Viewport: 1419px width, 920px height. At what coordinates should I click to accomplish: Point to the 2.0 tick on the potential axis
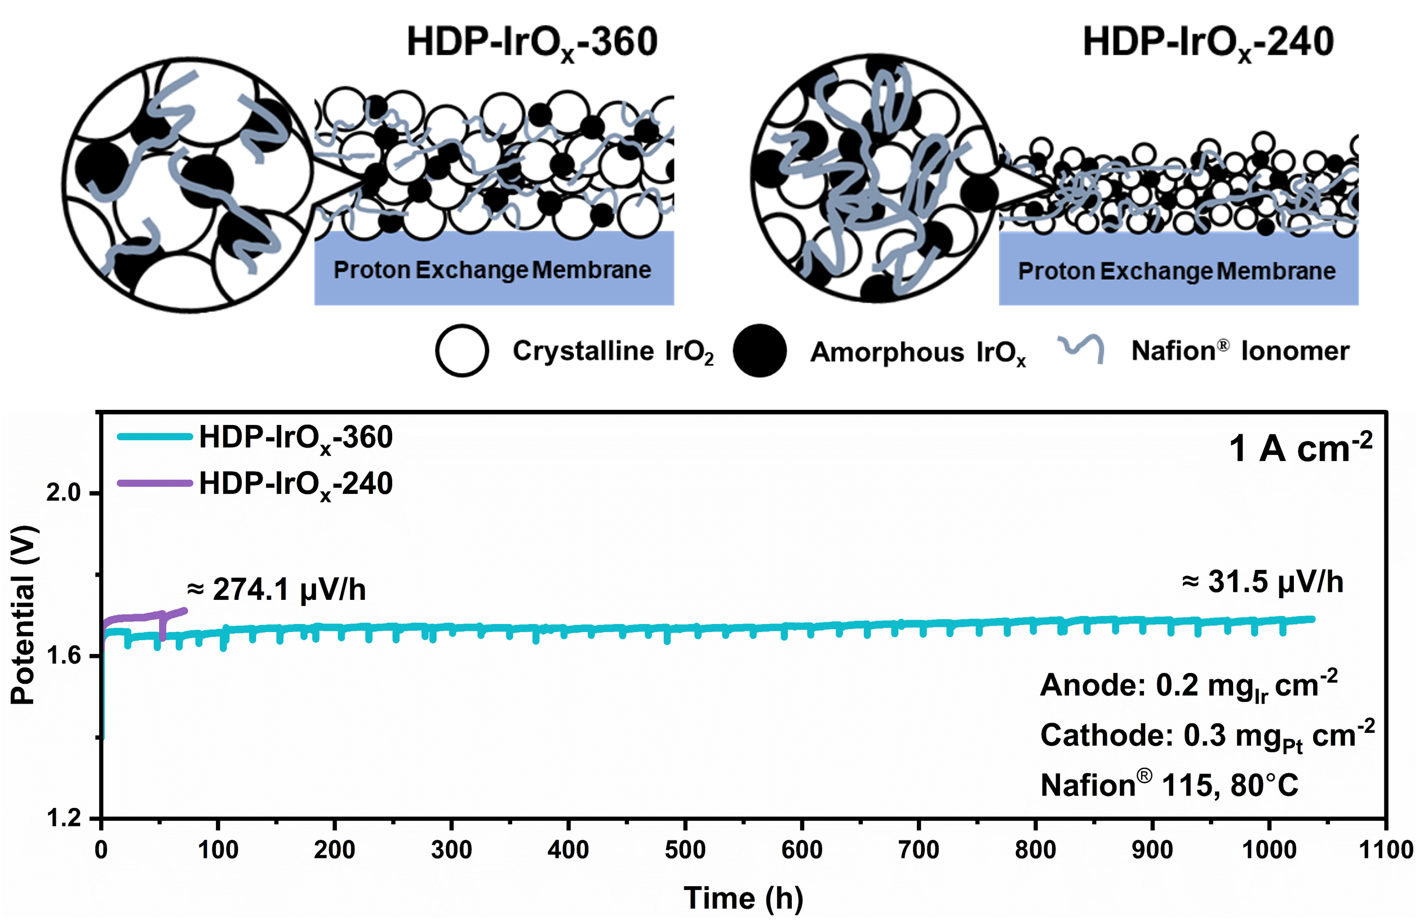click(63, 493)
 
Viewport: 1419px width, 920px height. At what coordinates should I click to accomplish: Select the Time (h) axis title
click(743, 898)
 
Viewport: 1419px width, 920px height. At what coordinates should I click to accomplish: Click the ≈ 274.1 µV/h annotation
click(276, 590)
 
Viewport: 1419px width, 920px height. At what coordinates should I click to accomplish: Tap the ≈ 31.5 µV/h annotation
click(1263, 582)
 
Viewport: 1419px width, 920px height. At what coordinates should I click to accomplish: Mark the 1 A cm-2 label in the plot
click(1300, 448)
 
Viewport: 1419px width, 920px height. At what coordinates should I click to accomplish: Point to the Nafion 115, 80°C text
click(1169, 785)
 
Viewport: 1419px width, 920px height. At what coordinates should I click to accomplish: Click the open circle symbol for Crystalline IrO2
click(462, 351)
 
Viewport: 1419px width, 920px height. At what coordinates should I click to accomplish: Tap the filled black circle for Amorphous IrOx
click(759, 351)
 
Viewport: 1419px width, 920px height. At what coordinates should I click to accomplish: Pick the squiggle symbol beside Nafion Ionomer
click(1080, 348)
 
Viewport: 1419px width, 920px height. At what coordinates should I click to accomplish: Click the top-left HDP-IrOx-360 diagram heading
click(532, 43)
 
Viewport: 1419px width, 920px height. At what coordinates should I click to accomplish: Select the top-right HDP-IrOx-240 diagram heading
click(1208, 43)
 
